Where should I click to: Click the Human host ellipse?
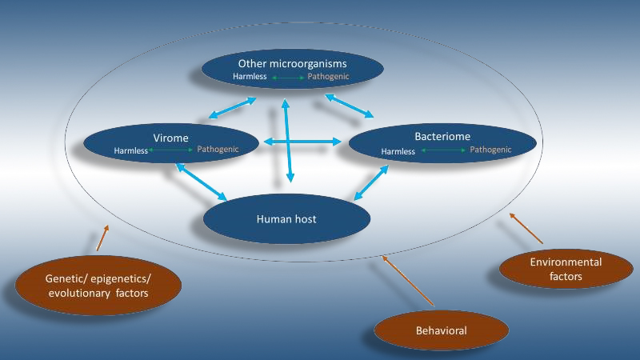[x=286, y=218]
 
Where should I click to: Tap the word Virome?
[x=170, y=137]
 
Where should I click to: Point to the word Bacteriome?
[x=442, y=137]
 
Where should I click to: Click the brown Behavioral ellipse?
[x=441, y=330]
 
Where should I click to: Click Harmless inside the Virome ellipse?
[x=130, y=150]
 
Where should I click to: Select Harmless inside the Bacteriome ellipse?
[x=398, y=150]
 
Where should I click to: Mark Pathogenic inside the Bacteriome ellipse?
[x=490, y=150]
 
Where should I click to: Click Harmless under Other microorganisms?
[x=250, y=78]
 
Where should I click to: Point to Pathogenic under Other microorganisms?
[x=328, y=78]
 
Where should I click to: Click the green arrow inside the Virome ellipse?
[x=170, y=150]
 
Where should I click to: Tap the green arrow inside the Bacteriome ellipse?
[x=442, y=150]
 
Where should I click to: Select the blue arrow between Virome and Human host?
[x=202, y=182]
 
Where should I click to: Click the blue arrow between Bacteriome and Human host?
[x=371, y=183]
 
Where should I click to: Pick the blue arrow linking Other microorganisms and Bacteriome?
[x=349, y=106]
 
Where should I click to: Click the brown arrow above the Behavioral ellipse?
[x=408, y=281]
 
